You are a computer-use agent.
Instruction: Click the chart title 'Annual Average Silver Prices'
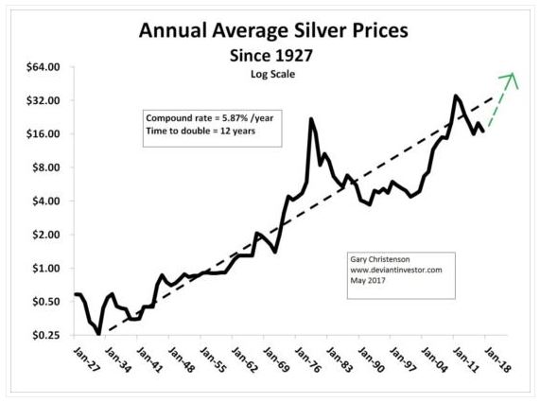coord(274,31)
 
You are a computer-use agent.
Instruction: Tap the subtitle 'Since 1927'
coord(274,55)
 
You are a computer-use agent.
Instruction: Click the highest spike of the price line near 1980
coord(311,119)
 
